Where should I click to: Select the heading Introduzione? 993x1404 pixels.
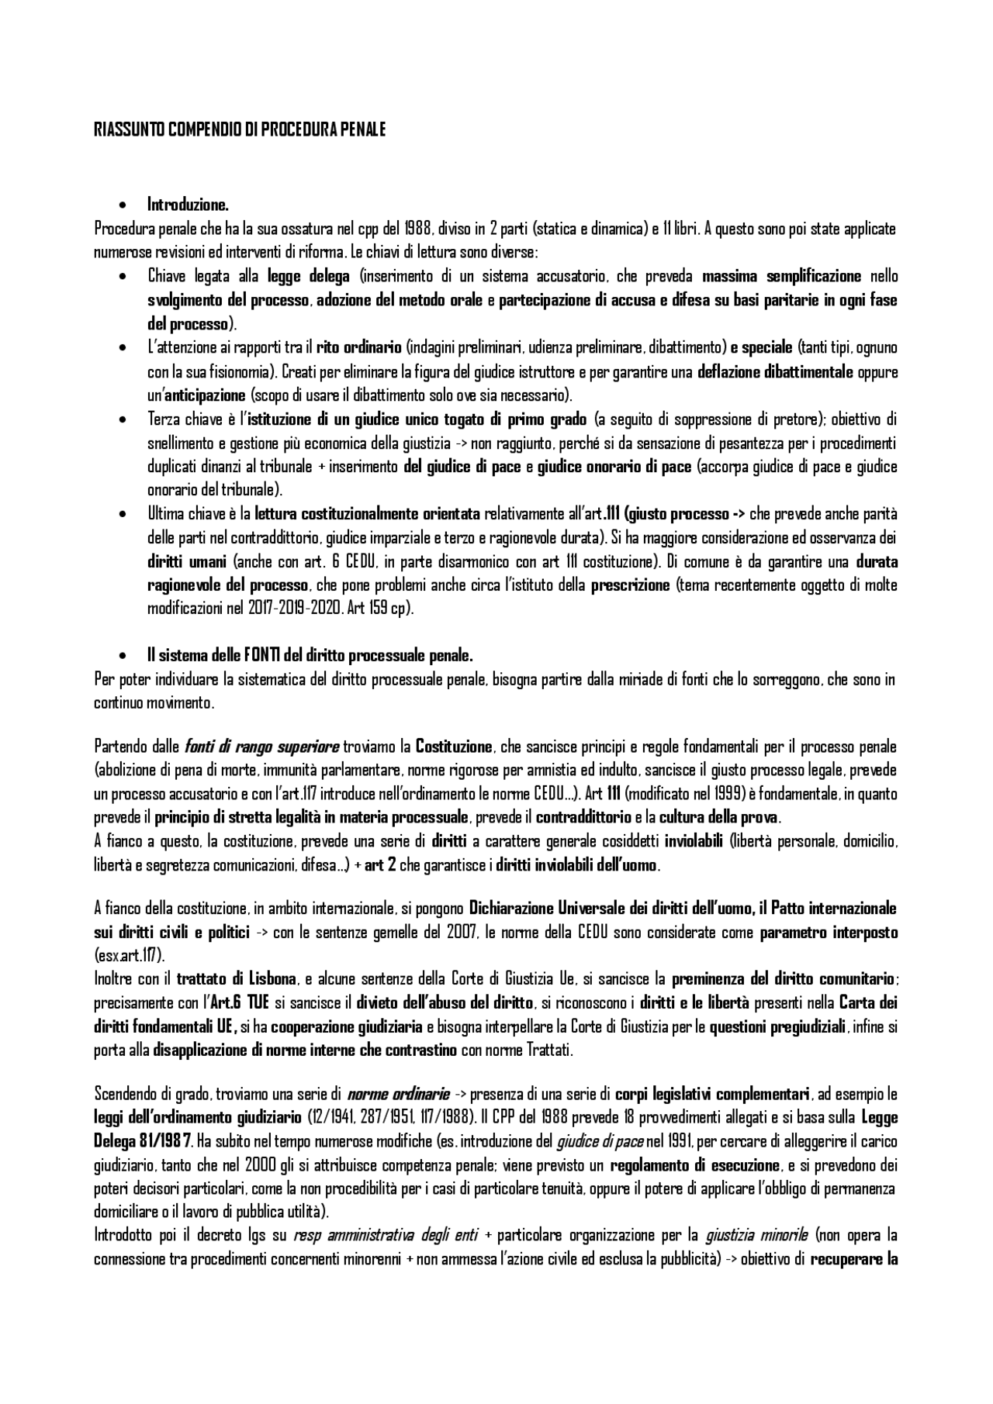point(188,205)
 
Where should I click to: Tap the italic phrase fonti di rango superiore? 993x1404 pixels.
point(261,747)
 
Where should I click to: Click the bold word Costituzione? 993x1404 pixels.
point(454,747)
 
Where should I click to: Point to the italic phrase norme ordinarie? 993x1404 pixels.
point(399,1094)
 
